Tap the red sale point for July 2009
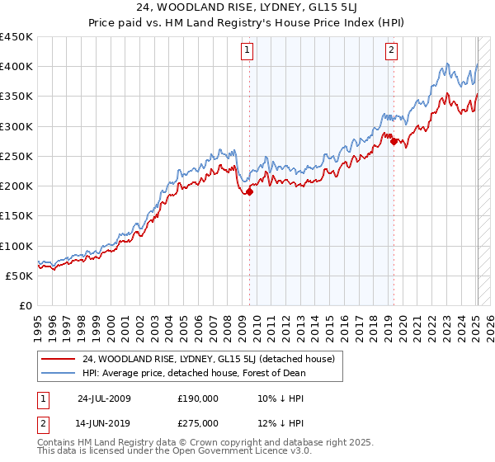pos(250,191)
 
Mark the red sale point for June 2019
pos(394,141)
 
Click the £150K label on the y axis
pos(16,216)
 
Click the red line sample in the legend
pos(59,359)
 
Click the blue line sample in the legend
pos(59,373)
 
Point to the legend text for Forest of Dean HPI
pos(194,373)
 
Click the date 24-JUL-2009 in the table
pos(104,398)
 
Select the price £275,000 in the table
pos(198,422)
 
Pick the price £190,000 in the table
pos(198,398)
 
